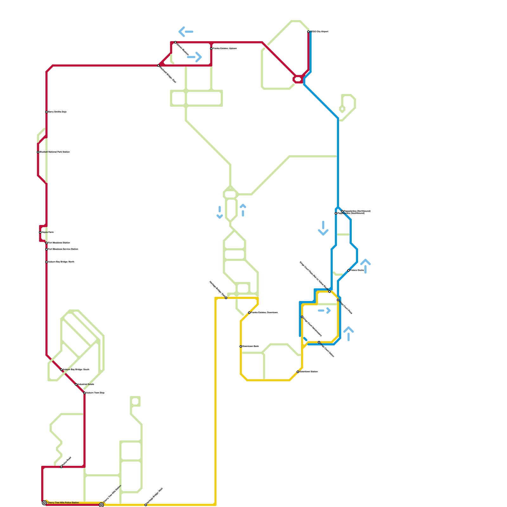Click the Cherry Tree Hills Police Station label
[63, 503]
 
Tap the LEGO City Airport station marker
[308, 32]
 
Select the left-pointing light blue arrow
[186, 32]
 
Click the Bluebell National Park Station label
[55, 152]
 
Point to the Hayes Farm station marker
[40, 232]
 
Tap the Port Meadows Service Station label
[63, 249]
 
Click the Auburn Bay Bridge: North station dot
[47, 262]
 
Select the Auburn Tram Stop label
[95, 393]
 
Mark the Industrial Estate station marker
[76, 384]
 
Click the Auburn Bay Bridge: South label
[76, 370]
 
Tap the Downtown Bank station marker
[241, 346]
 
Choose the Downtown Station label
[309, 372]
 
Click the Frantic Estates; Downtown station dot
[249, 313]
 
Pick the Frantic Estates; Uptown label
[225, 48]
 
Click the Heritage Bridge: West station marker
[146, 505]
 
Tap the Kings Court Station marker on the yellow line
[319, 342]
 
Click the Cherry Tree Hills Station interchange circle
[101, 505]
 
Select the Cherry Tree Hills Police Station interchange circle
[44, 503]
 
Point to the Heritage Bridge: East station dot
[226, 298]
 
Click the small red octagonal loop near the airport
[298, 79]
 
